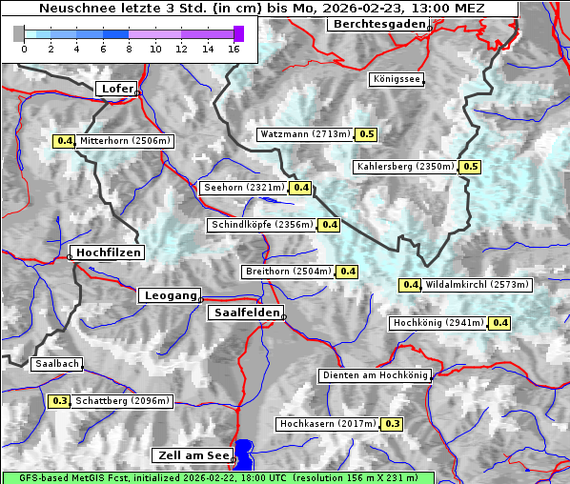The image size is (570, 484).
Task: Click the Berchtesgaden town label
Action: [378, 24]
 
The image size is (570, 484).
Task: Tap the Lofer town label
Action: [116, 89]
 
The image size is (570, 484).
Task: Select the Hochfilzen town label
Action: [108, 252]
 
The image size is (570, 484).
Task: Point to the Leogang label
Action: [171, 295]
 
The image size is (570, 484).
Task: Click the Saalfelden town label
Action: [245, 313]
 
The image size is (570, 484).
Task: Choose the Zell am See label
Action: [191, 455]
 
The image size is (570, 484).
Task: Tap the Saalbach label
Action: [56, 364]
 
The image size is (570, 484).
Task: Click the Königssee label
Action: [396, 79]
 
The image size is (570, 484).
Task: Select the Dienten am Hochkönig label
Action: [374, 375]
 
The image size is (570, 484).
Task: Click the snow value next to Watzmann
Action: [367, 134]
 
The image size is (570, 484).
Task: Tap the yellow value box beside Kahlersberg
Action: [470, 167]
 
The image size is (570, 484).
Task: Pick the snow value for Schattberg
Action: [60, 401]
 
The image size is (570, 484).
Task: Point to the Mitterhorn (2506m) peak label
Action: [125, 141]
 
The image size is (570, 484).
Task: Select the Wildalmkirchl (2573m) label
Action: [476, 284]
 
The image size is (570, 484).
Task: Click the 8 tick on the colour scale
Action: [129, 48]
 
